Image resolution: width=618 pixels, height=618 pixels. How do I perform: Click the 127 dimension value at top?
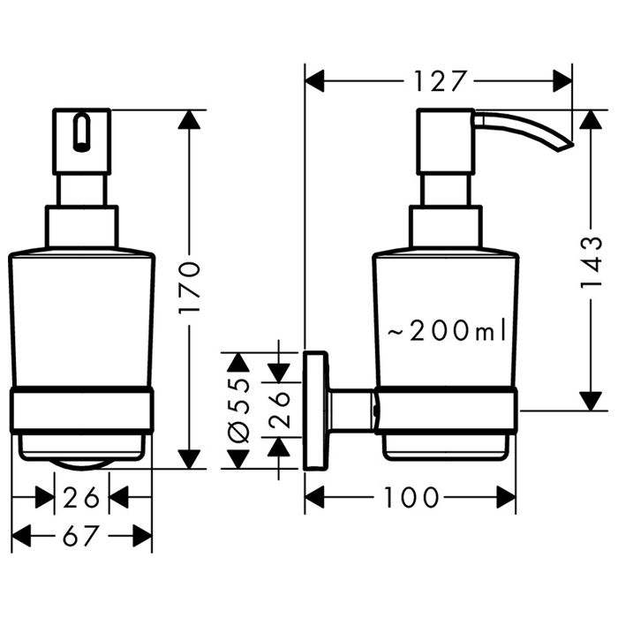pos(439,81)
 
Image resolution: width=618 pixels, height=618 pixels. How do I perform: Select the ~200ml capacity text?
pos(446,331)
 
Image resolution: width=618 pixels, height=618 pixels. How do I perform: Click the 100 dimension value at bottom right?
pos(411,499)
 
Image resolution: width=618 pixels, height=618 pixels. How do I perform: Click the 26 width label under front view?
pos(81,499)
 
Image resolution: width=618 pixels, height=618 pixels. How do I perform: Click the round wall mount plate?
pos(314,410)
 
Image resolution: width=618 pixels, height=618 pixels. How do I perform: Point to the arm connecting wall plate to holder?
pos(353,410)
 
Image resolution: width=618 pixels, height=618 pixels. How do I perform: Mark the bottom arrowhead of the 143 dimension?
pos(586,401)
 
